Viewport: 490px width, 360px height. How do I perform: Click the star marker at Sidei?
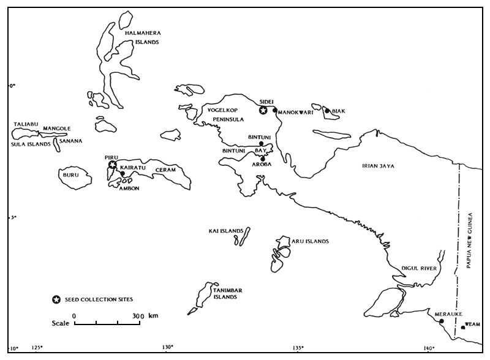(263, 110)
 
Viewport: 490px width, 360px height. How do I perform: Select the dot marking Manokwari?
(275, 111)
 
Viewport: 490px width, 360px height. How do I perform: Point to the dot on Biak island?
(327, 111)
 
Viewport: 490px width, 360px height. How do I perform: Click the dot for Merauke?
(442, 321)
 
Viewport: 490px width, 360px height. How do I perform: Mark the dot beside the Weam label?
(463, 327)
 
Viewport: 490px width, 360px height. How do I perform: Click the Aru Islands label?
(309, 241)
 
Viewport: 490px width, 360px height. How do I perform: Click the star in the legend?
(56, 299)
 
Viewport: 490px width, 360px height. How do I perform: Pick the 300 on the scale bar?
(138, 316)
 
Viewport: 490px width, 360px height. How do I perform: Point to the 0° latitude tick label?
(12, 86)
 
